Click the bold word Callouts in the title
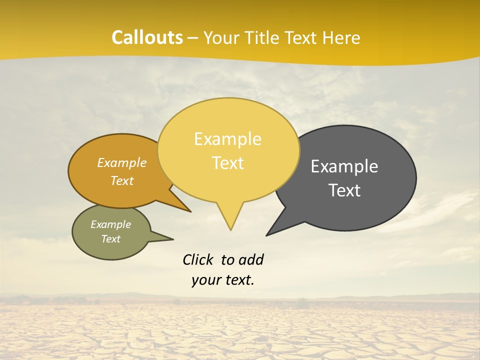pyautogui.click(x=147, y=37)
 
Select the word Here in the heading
pyautogui.click(x=342, y=37)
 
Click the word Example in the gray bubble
pyautogui.click(x=344, y=166)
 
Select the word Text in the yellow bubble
pyautogui.click(x=228, y=163)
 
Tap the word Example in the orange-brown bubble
pyautogui.click(x=122, y=162)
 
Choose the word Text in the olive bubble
pyautogui.click(x=110, y=239)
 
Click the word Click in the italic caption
pyautogui.click(x=199, y=259)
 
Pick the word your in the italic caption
pyautogui.click(x=205, y=280)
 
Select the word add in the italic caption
pyautogui.click(x=251, y=259)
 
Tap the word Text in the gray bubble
pyautogui.click(x=345, y=190)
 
